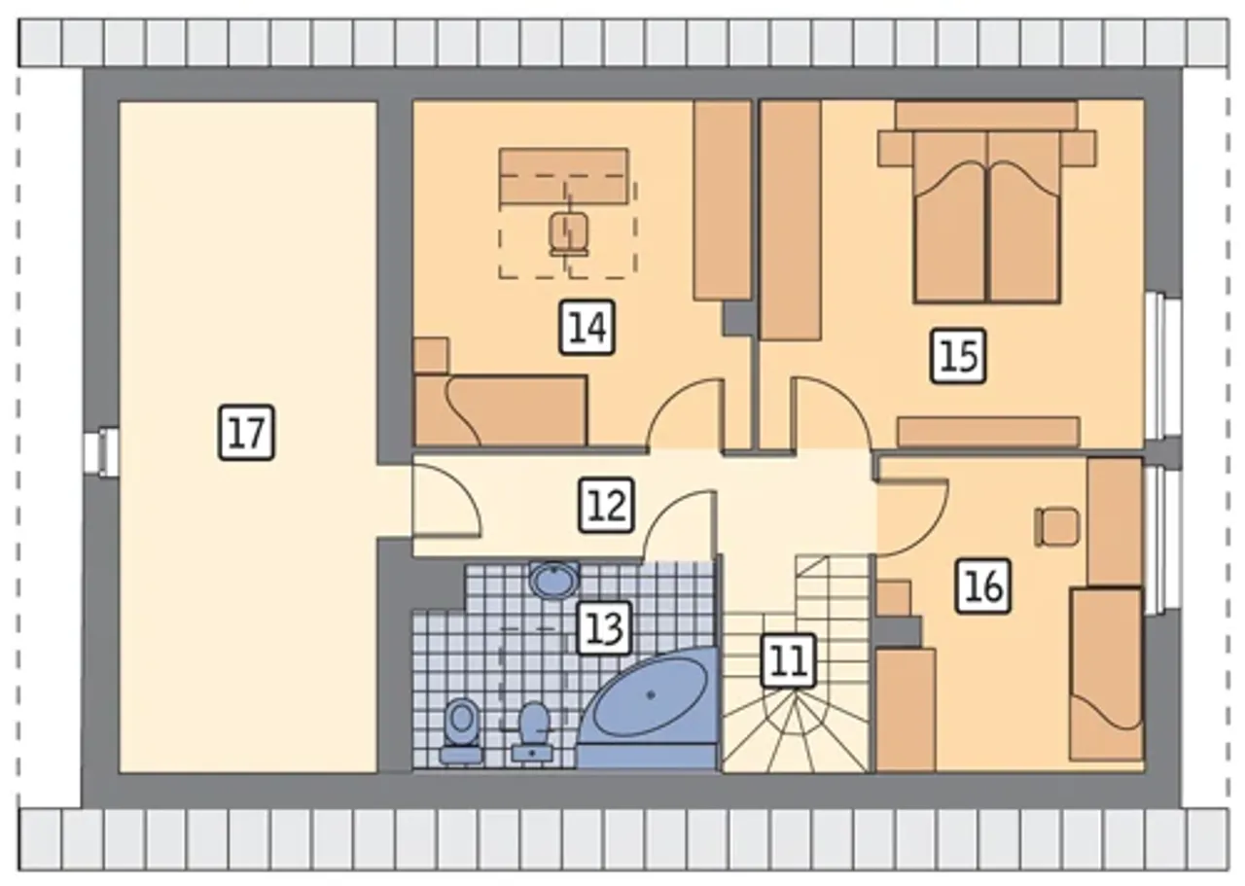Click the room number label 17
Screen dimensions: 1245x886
coord(246,433)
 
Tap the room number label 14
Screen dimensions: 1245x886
coord(587,328)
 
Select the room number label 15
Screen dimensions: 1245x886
coord(959,356)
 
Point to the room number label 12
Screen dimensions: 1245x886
coord(606,505)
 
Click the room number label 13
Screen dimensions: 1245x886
coord(604,627)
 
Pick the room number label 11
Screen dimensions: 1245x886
coord(788,661)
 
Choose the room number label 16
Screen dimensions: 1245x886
coord(983,585)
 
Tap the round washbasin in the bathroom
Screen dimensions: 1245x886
coord(553,581)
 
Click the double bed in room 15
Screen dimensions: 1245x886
coord(986,217)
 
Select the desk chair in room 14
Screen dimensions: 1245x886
coord(568,233)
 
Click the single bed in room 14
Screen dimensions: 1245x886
coord(500,410)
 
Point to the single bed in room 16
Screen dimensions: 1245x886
coord(1106,674)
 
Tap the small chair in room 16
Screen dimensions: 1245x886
coord(1056,527)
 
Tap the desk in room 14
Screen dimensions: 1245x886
coord(563,176)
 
